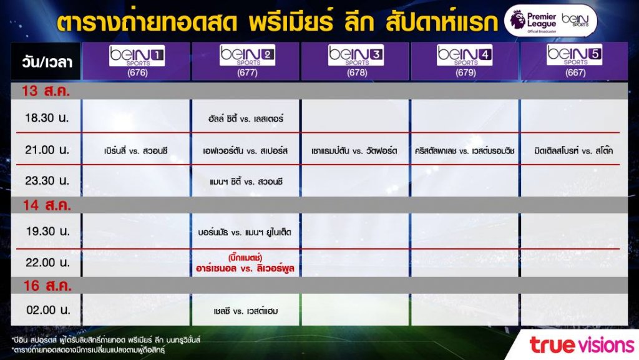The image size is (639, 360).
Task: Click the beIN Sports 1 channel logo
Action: [x=137, y=56]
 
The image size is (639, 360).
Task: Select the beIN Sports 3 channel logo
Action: [x=356, y=55]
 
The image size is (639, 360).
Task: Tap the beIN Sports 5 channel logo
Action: [x=575, y=54]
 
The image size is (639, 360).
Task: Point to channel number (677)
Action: [x=247, y=73]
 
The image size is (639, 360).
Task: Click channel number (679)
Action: [x=466, y=73]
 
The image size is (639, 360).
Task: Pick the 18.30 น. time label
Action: [x=47, y=118]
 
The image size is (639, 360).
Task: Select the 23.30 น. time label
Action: [x=47, y=180]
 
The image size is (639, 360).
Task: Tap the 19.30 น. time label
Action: [x=47, y=231]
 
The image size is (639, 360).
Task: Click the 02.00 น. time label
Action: [x=47, y=310]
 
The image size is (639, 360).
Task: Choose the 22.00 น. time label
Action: [x=47, y=263]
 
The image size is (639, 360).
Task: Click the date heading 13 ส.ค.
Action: [x=46, y=91]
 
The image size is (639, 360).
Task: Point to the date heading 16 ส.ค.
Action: [x=47, y=286]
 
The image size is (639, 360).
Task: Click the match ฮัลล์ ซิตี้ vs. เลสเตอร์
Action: [x=245, y=119]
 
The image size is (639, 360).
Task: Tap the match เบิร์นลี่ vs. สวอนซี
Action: [x=135, y=151]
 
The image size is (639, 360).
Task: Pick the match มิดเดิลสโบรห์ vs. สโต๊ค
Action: [x=574, y=151]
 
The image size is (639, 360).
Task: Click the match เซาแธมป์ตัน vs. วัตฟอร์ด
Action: [x=354, y=151]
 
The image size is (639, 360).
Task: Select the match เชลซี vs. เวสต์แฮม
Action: [x=246, y=311]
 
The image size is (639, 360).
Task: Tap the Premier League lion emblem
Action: [x=517, y=19]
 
